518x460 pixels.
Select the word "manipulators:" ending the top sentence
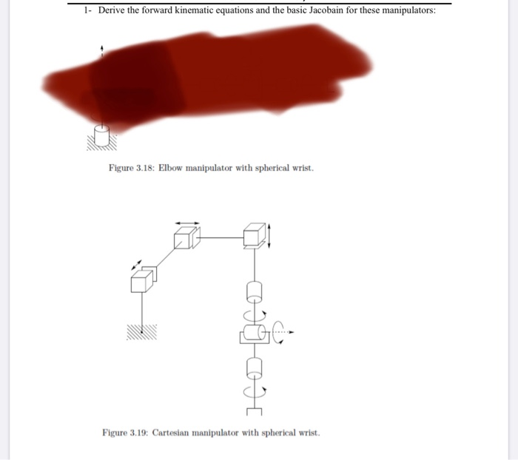[406, 10]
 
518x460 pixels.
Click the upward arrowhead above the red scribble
[102, 49]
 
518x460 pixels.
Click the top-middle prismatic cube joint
[185, 238]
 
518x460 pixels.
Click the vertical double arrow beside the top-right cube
[269, 236]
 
